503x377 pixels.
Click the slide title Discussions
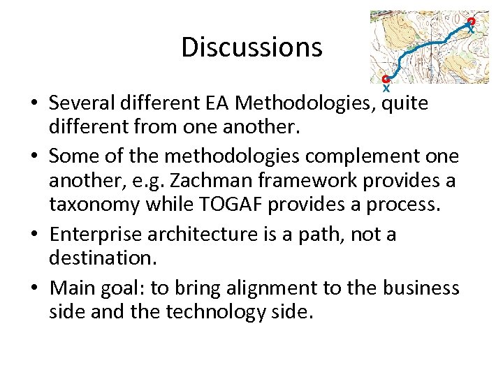click(x=251, y=47)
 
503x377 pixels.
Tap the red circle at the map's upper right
click(x=472, y=22)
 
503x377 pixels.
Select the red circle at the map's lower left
click(x=386, y=79)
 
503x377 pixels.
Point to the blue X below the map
click(x=386, y=89)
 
